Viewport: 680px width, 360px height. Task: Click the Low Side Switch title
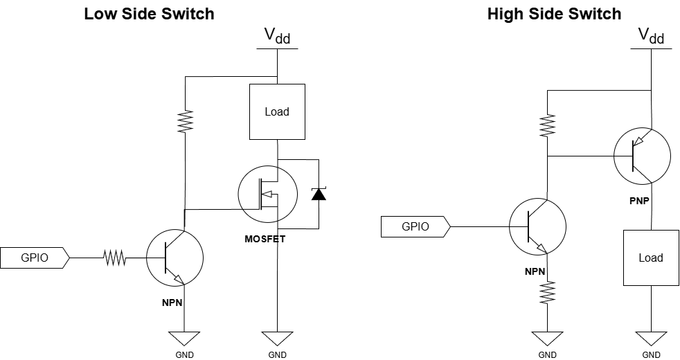(149, 14)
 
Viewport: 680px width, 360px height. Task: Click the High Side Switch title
(554, 14)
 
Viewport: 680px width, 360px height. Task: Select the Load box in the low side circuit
(277, 112)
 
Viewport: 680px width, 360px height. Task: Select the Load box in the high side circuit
(651, 258)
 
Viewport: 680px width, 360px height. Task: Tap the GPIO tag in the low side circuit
(35, 258)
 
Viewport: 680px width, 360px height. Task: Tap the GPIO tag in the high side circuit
(415, 226)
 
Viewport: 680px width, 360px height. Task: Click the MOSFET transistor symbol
(267, 194)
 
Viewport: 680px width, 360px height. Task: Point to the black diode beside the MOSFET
(319, 194)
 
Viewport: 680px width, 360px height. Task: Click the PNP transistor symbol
(642, 156)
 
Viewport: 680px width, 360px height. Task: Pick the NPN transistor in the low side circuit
(175, 258)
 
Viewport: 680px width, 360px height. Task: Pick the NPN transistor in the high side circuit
(537, 226)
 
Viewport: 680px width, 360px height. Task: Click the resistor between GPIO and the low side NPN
(114, 258)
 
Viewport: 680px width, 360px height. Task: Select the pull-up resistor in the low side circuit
(185, 122)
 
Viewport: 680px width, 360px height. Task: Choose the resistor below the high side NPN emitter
(547, 292)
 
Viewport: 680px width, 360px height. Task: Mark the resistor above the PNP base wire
(547, 125)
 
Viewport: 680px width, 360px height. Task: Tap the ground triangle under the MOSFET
(277, 339)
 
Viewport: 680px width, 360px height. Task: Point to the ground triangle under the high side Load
(651, 339)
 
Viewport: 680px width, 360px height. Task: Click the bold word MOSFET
(265, 239)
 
